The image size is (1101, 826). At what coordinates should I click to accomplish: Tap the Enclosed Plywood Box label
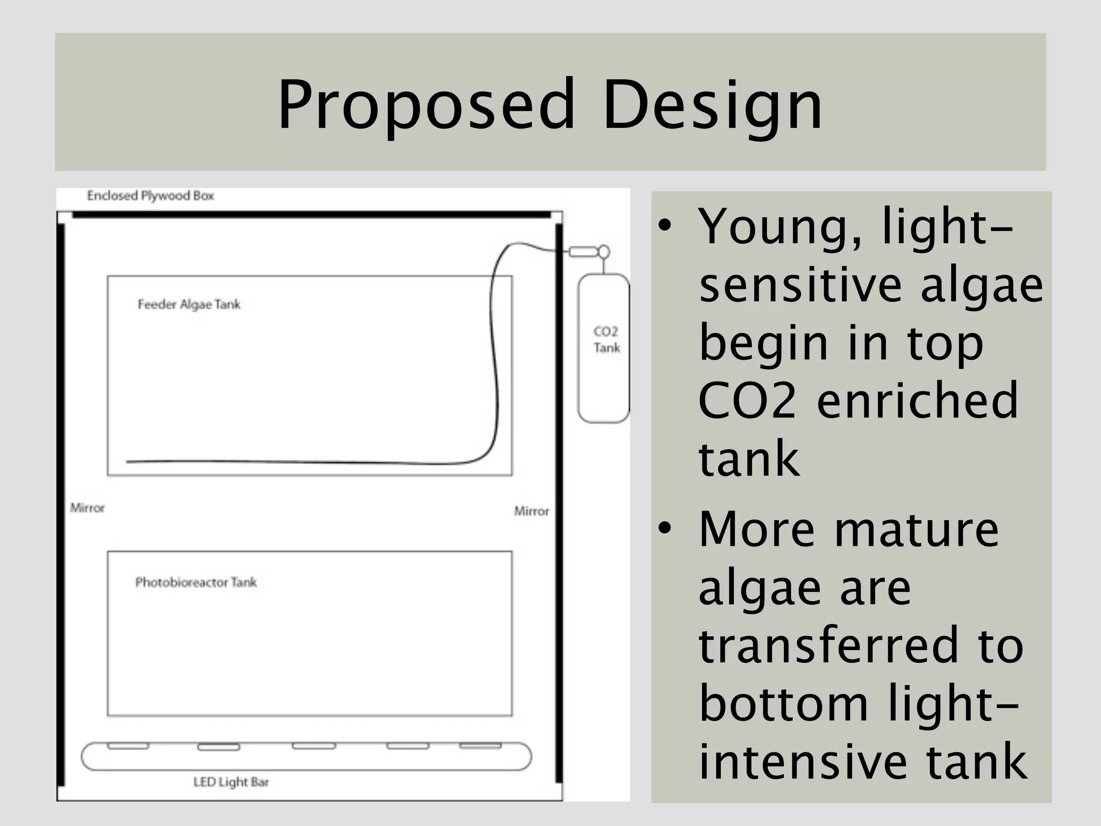tap(151, 196)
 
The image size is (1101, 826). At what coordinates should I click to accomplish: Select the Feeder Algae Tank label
tap(189, 305)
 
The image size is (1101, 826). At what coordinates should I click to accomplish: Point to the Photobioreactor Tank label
tap(196, 582)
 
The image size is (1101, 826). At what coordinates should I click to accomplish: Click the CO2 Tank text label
tap(606, 340)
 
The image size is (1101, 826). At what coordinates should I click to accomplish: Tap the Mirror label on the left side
tap(88, 508)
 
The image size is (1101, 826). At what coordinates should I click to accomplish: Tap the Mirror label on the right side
tap(532, 511)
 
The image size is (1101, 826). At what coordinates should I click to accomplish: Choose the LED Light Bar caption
tap(231, 782)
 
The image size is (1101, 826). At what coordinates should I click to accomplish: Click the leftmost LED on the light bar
tap(128, 746)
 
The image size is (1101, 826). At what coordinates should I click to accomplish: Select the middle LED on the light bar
tap(314, 746)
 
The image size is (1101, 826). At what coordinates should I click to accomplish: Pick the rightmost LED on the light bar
tap(480, 746)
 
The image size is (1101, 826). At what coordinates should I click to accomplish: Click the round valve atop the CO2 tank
tap(604, 252)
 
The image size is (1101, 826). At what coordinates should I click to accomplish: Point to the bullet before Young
tap(665, 225)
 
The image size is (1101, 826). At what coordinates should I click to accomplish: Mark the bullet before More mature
tap(665, 528)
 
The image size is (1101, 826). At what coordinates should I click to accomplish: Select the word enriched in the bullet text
tap(917, 401)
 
